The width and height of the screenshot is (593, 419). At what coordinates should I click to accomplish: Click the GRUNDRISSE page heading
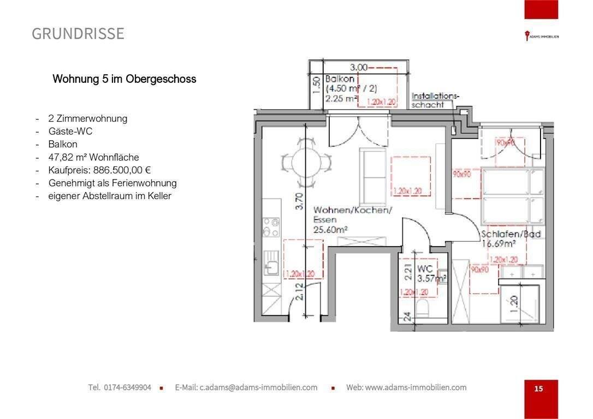(x=78, y=34)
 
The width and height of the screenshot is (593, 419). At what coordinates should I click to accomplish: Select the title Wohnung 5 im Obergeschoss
(x=124, y=79)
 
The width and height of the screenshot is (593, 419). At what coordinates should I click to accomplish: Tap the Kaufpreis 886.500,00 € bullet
(x=99, y=170)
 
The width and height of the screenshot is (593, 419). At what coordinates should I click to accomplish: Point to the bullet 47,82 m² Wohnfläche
(x=93, y=157)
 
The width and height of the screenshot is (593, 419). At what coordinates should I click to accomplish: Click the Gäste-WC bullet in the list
(x=70, y=131)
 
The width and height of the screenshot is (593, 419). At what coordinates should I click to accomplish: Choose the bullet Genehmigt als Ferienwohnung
(x=112, y=183)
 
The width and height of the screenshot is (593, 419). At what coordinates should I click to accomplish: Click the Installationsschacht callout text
(x=435, y=100)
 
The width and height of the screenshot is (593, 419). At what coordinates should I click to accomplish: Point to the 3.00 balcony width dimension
(x=359, y=67)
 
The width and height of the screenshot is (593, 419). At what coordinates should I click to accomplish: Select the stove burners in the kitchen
(x=271, y=228)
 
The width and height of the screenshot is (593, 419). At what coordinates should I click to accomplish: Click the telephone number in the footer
(x=120, y=387)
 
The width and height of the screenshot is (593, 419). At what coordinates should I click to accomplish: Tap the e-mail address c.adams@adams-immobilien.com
(x=246, y=387)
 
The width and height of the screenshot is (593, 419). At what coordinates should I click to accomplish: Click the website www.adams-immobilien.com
(x=406, y=387)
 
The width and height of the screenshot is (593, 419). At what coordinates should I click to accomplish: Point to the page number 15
(x=538, y=389)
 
